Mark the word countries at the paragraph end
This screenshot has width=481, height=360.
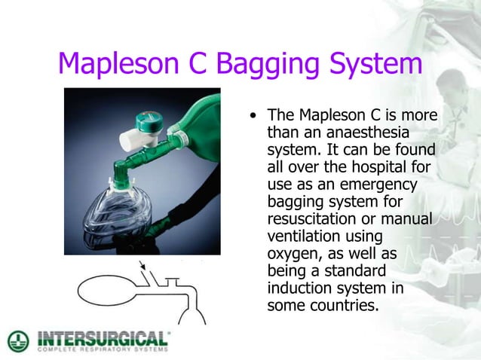[x=340, y=306]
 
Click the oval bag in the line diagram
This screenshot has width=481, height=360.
[x=104, y=288]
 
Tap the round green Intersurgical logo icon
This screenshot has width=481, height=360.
[x=17, y=340]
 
